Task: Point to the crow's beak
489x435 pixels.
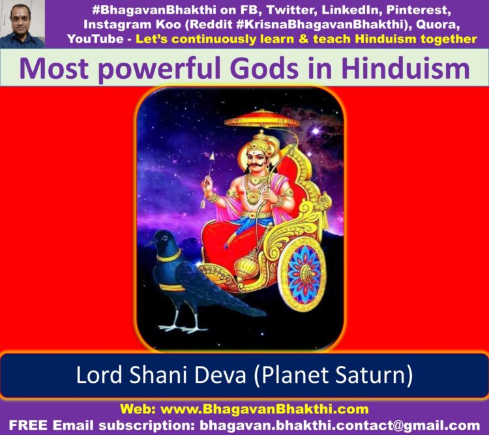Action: click(150, 243)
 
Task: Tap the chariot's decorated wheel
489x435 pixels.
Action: click(304, 275)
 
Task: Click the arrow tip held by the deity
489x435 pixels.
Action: click(213, 157)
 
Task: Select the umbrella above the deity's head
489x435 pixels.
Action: click(263, 119)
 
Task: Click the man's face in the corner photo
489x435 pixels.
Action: click(21, 20)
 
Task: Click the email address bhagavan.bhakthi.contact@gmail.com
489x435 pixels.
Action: click(340, 425)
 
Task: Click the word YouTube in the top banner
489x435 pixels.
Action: click(95, 39)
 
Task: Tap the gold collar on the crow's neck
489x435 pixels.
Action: click(169, 256)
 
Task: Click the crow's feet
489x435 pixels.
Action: click(183, 327)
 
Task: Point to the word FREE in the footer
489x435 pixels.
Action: click(28, 425)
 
